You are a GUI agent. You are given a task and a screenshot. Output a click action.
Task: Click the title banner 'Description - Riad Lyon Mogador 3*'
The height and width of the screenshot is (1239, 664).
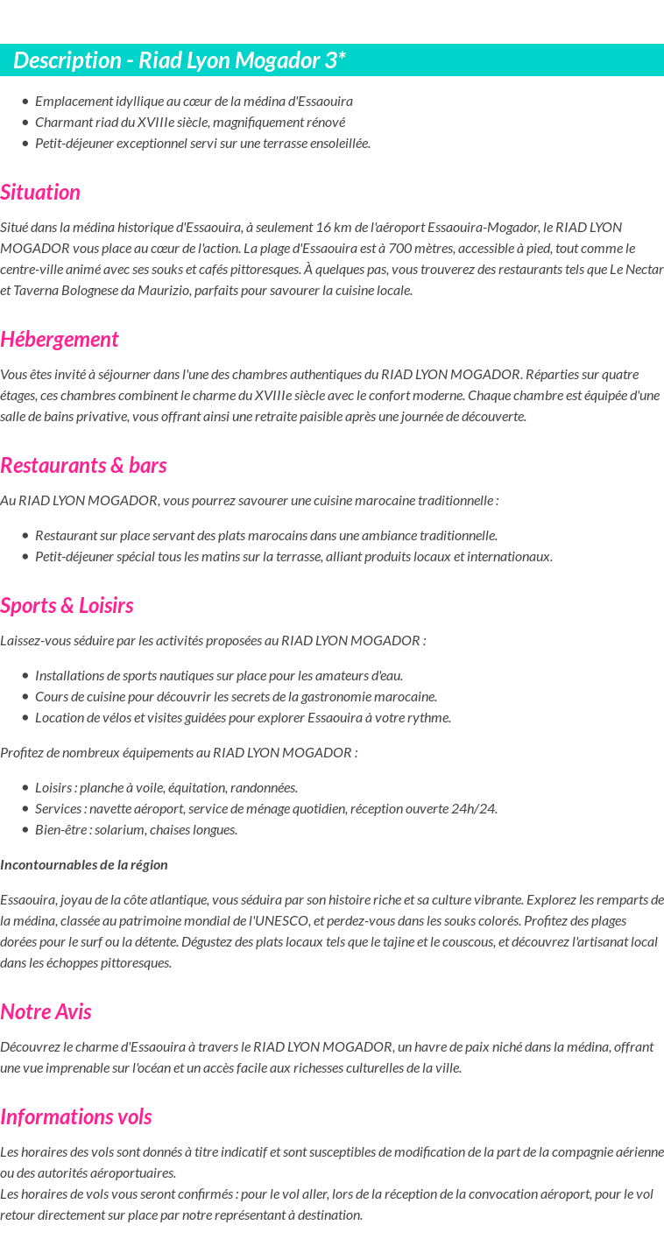pos(180,60)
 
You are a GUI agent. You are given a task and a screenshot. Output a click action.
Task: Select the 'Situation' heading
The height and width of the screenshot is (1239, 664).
pos(40,192)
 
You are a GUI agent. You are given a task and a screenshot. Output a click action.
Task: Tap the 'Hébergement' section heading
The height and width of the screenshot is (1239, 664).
pos(60,339)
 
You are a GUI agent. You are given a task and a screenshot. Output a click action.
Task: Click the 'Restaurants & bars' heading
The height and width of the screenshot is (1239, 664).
pos(83,465)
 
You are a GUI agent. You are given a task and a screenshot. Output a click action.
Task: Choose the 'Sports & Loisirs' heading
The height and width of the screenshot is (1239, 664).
pos(67,605)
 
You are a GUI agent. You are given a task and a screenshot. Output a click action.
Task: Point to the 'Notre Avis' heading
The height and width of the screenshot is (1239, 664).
pos(46,1011)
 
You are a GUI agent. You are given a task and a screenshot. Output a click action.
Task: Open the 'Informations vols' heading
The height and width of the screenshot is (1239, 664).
pos(76,1116)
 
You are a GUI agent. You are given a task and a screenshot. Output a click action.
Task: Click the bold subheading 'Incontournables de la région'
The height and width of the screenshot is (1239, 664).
pos(84,864)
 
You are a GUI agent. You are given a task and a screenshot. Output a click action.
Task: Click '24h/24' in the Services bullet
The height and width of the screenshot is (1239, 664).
pos(477,808)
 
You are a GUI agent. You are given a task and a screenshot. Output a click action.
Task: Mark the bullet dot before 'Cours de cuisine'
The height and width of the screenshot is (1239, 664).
pos(25,696)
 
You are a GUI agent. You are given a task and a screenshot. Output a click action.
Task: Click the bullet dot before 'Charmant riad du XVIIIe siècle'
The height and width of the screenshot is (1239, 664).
pos(25,122)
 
